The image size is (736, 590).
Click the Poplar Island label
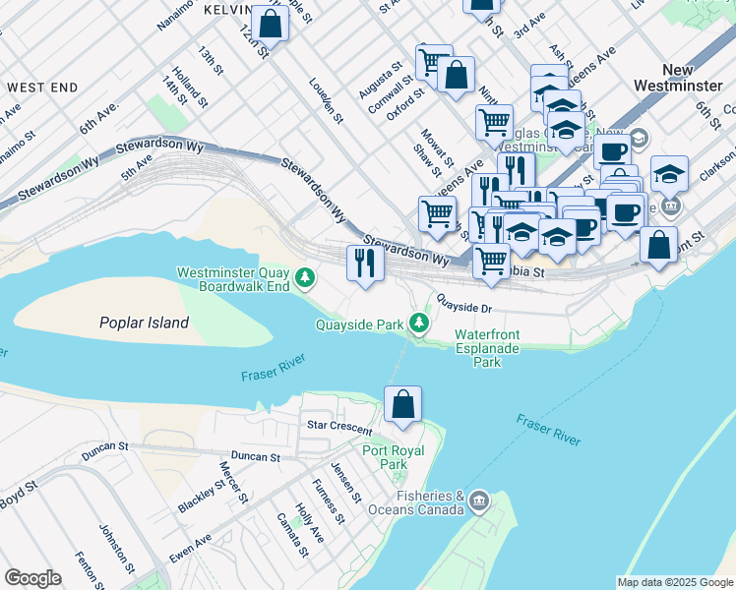click(144, 323)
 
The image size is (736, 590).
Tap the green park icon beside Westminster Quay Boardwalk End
click(306, 279)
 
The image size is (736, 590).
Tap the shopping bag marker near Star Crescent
click(402, 404)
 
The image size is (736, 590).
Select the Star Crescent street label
click(339, 428)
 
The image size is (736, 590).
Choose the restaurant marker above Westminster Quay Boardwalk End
click(365, 263)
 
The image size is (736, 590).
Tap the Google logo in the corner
click(32, 577)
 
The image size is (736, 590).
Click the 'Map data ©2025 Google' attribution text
click(675, 582)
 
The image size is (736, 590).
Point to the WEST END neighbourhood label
click(41, 88)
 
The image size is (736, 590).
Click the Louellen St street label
click(326, 101)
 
